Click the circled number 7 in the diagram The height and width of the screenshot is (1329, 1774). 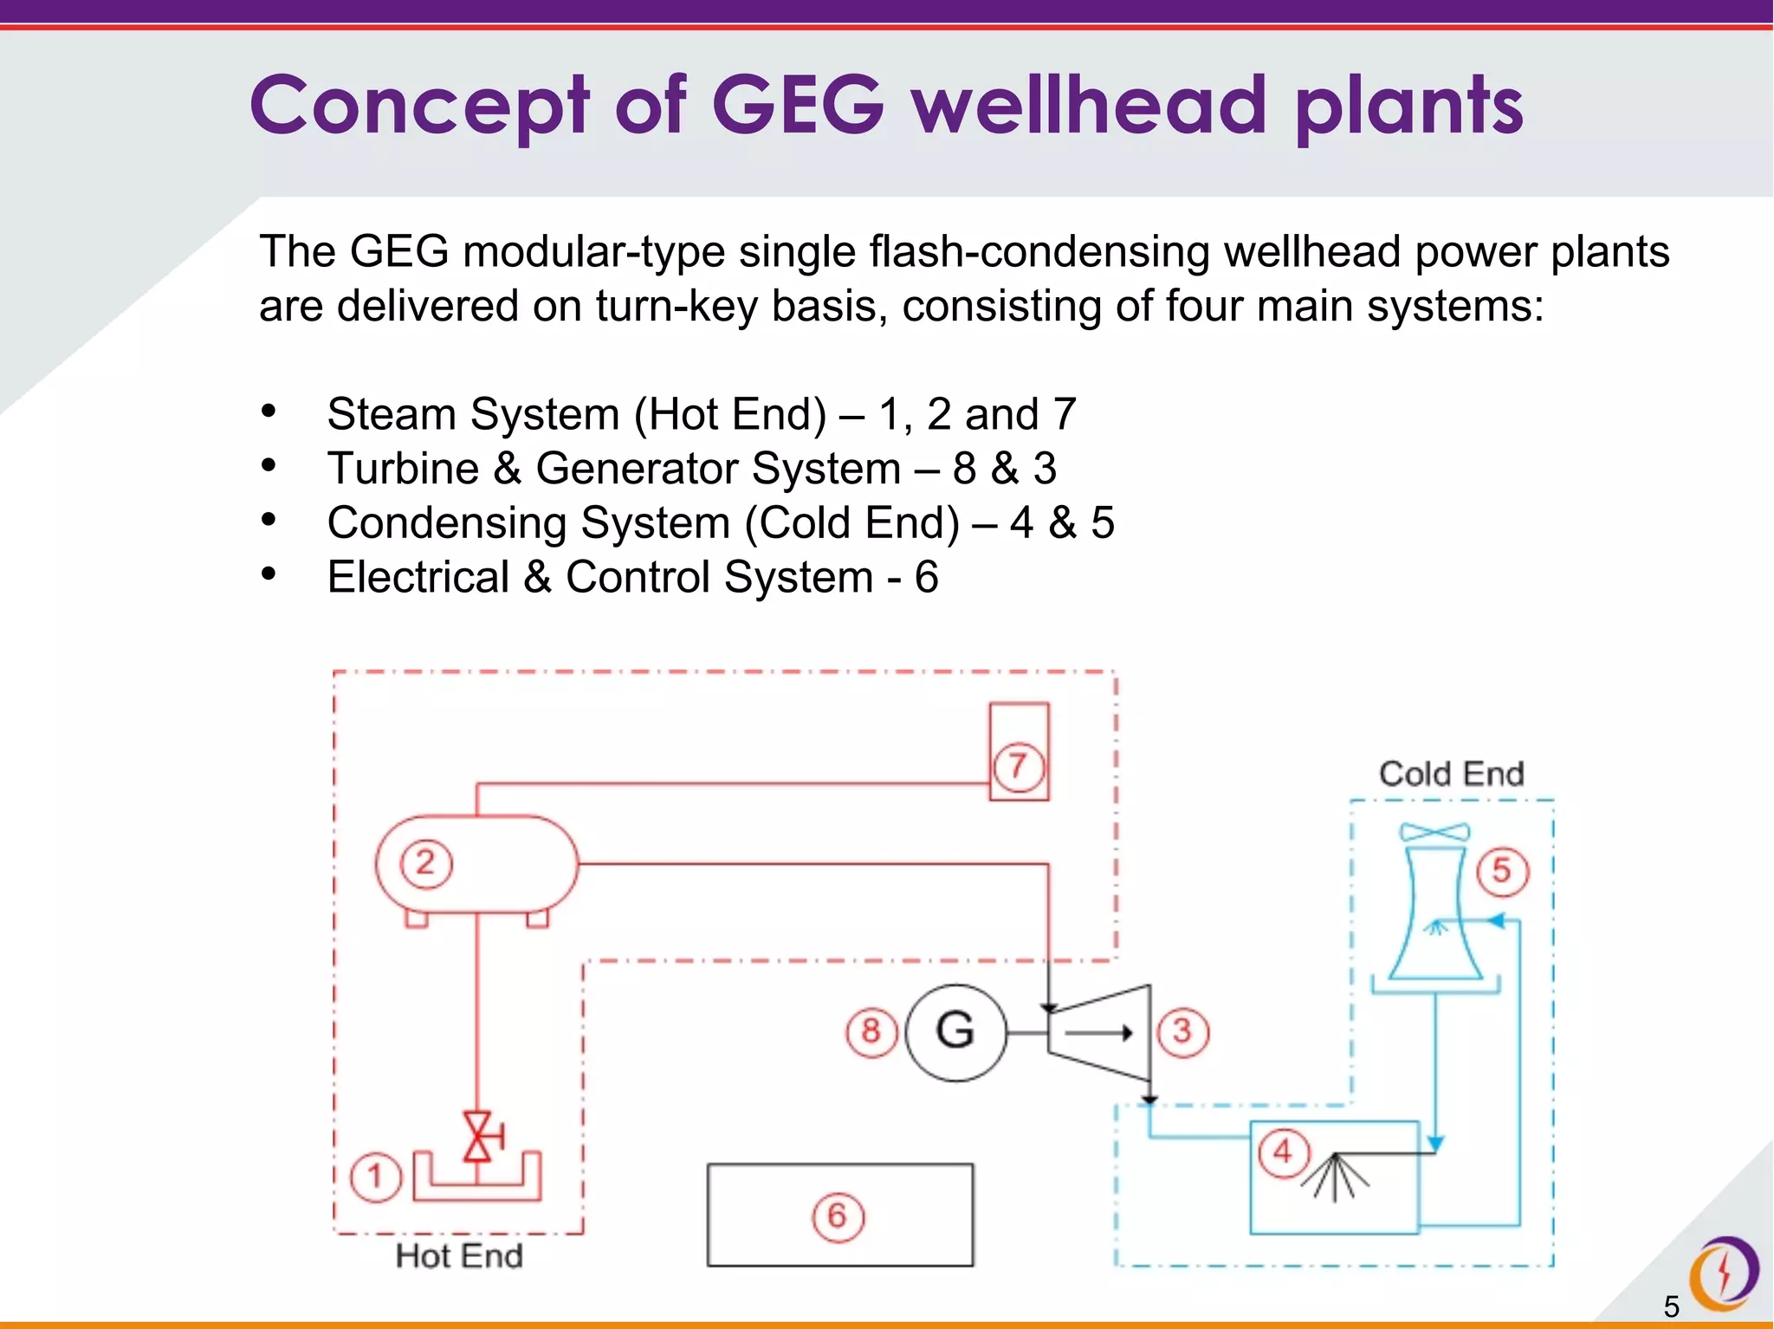point(1018,767)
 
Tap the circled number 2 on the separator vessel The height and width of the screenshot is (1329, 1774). point(425,864)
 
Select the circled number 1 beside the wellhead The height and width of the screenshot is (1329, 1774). point(375,1177)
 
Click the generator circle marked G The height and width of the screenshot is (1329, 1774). point(955,1032)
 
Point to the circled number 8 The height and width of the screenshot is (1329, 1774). point(871,1032)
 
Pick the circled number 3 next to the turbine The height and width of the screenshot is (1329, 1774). point(1182,1032)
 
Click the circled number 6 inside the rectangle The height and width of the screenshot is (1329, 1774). point(838,1216)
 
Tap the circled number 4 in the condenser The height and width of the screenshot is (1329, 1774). point(1283,1152)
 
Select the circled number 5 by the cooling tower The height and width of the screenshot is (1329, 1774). point(1502,871)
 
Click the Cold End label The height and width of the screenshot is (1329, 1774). point(1451,774)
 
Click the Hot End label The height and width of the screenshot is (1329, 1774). point(459,1256)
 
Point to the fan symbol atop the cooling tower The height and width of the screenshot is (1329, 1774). point(1434,833)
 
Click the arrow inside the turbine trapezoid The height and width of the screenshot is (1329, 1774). point(1098,1033)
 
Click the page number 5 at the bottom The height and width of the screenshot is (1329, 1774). point(1671,1306)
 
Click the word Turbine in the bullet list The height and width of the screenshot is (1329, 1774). point(403,469)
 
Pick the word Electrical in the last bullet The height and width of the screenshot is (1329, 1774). point(418,577)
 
